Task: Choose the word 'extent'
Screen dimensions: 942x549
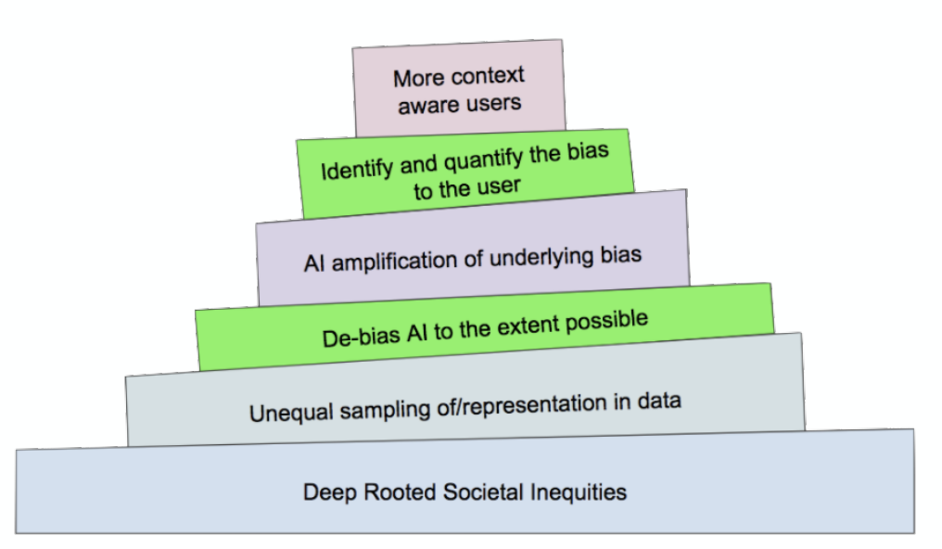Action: (528, 326)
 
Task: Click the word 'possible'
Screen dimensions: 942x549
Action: (606, 322)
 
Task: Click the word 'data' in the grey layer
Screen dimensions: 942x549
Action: (659, 401)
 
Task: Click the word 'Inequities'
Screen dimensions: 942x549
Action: (578, 493)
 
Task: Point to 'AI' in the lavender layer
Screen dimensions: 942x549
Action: (314, 263)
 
